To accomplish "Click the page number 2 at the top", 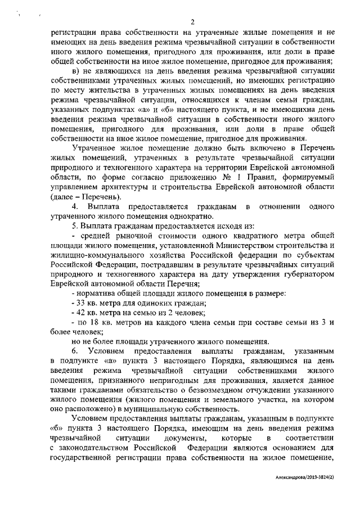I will point(192,22).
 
